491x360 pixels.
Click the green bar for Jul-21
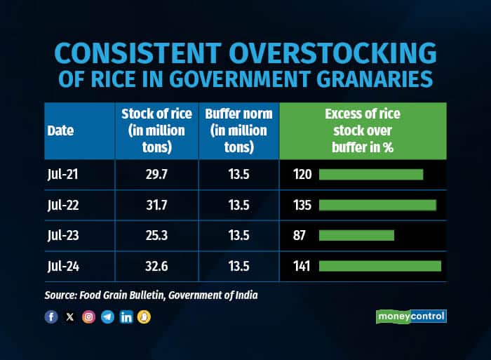pyautogui.click(x=371, y=174)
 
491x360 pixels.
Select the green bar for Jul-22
pyautogui.click(x=377, y=204)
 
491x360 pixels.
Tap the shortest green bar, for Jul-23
pyautogui.click(x=356, y=235)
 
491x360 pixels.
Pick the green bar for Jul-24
pyautogui.click(x=379, y=266)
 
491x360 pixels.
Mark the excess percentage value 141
pyautogui.click(x=301, y=266)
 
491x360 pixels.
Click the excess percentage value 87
pyautogui.click(x=299, y=235)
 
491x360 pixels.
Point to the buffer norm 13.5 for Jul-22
pyautogui.click(x=238, y=204)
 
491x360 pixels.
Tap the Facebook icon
pyautogui.click(x=51, y=316)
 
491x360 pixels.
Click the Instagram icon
pyautogui.click(x=88, y=316)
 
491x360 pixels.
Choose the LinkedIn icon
pyautogui.click(x=126, y=316)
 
